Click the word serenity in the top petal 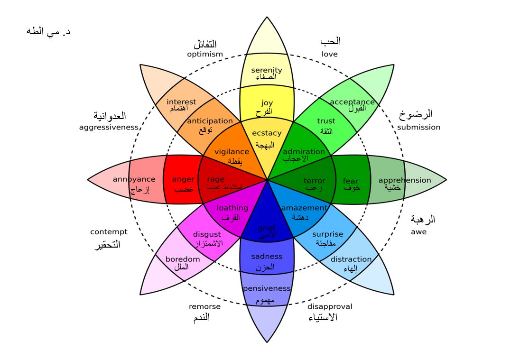click(267, 70)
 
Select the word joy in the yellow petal click(267, 102)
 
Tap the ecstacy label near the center click(267, 133)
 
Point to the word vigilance click(232, 152)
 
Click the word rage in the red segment click(216, 179)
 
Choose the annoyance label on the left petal click(134, 179)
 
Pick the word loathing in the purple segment click(232, 208)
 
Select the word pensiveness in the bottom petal click(267, 288)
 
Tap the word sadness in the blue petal click(267, 257)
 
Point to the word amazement click(304, 208)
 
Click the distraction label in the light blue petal click(351, 259)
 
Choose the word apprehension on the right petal click(405, 180)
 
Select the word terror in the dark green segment click(315, 181)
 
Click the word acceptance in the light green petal click(352, 102)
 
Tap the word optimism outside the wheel click(204, 54)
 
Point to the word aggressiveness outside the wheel click(109, 127)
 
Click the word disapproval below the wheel click(330, 306)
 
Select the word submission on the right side click(418, 127)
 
